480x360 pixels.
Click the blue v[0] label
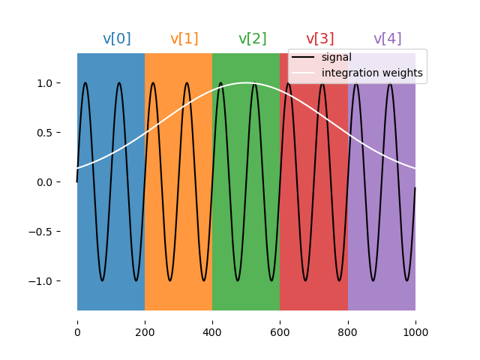(116, 39)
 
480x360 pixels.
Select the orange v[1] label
(184, 39)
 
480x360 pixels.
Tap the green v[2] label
(252, 39)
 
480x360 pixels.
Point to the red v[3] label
(320, 39)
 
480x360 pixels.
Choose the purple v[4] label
(388, 39)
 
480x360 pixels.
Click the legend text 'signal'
(336, 58)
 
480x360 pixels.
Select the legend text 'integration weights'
(372, 73)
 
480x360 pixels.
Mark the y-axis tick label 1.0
(53, 83)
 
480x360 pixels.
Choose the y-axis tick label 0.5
(53, 133)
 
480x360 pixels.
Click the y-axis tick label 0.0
(53, 182)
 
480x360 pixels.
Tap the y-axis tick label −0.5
(49, 232)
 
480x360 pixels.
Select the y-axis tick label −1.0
(49, 281)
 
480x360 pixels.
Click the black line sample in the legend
(304, 58)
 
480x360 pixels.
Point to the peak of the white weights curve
(246, 82)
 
